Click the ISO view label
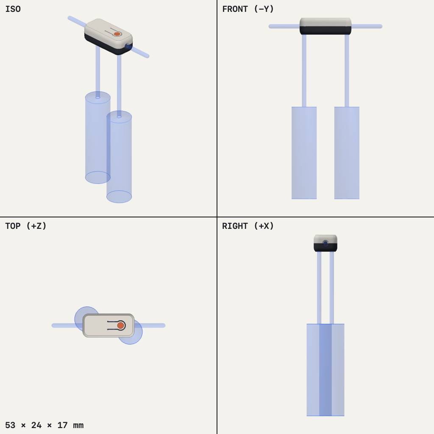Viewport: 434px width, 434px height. [13, 9]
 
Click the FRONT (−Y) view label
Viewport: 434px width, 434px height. [248, 9]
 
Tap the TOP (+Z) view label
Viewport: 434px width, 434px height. [26, 226]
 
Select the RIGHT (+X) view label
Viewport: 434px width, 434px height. [248, 226]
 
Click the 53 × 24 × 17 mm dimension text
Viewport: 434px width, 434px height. [44, 425]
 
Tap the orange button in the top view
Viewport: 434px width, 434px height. [120, 325]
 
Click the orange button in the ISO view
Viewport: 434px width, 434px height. [117, 34]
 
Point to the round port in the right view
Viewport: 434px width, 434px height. [325, 244]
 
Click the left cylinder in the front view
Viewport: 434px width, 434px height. [304, 153]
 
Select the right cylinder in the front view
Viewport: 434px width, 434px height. [347, 153]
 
